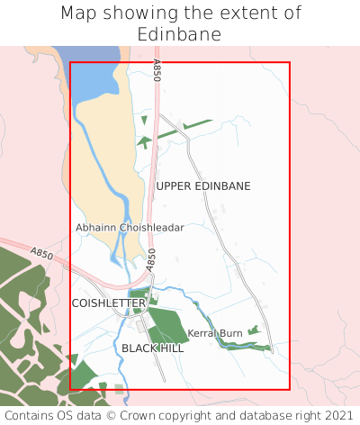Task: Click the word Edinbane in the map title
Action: [x=180, y=34]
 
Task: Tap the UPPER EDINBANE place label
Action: [x=203, y=185]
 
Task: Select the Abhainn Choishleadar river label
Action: [x=130, y=228]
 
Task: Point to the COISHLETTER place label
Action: [x=108, y=303]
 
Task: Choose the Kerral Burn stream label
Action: [x=215, y=333]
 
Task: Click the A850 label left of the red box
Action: [x=41, y=255]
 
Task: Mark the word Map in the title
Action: [x=78, y=14]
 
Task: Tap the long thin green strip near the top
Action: [x=180, y=130]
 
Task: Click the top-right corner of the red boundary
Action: [x=290, y=62]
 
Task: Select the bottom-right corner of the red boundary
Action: [x=290, y=389]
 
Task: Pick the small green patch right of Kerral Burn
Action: [x=254, y=331]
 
